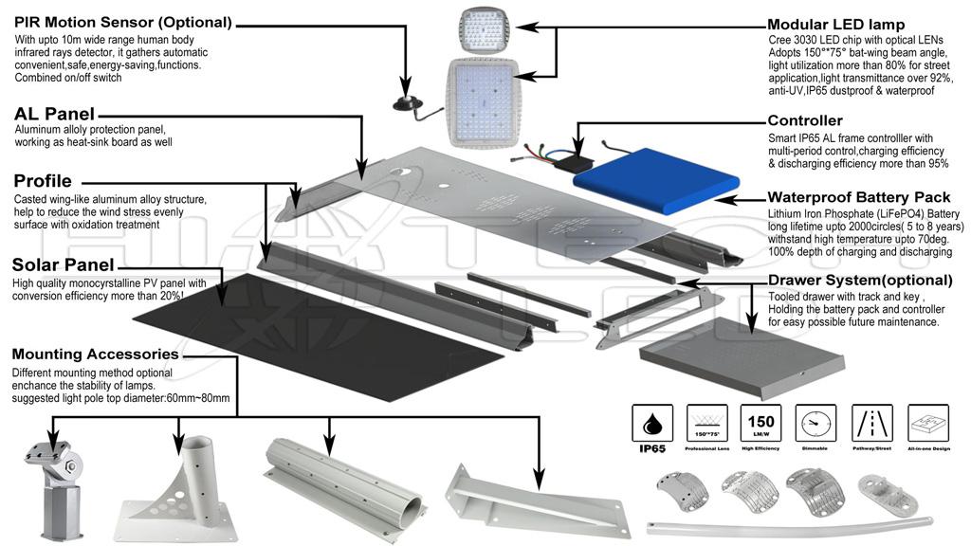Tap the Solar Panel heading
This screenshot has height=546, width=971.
(x=64, y=265)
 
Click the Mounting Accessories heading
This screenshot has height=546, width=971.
(x=96, y=355)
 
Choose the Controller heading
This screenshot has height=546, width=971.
(x=805, y=120)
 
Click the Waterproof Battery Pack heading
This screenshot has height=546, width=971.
(x=858, y=198)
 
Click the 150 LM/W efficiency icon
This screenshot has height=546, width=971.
(x=761, y=422)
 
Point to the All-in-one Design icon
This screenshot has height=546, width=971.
(x=928, y=422)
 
